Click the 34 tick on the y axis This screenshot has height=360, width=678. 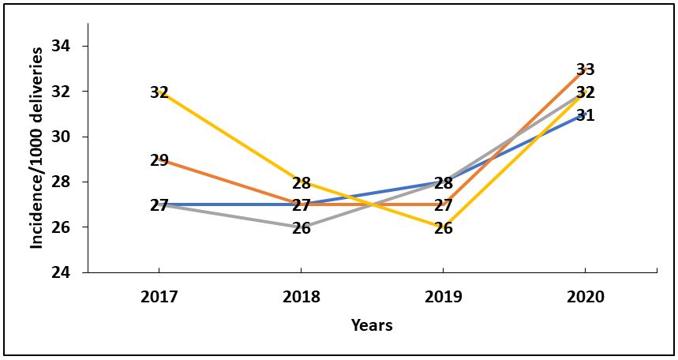(x=61, y=46)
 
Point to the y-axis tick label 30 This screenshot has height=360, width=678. (x=61, y=137)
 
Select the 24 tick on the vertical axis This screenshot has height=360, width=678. (x=61, y=272)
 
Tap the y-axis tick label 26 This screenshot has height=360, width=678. (x=61, y=227)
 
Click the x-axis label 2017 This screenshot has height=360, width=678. (x=159, y=298)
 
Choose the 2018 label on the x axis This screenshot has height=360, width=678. (x=302, y=298)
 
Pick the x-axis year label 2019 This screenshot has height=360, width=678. (x=443, y=298)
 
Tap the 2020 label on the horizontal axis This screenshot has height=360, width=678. (x=585, y=298)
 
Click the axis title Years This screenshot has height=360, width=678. (x=372, y=325)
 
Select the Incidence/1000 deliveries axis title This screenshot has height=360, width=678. (x=36, y=148)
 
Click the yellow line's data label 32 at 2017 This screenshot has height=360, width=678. (x=159, y=92)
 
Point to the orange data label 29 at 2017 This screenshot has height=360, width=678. (x=159, y=160)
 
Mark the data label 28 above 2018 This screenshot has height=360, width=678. (x=302, y=183)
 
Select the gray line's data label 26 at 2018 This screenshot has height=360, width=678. (x=302, y=229)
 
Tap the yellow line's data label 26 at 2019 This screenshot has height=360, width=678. (x=443, y=229)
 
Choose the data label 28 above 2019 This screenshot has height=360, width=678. (x=443, y=183)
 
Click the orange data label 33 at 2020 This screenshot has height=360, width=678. (x=585, y=69)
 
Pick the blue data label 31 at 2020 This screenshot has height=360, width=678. (x=585, y=115)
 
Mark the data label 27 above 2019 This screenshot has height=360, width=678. (x=443, y=206)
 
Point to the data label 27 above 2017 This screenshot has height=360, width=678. (x=159, y=205)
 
